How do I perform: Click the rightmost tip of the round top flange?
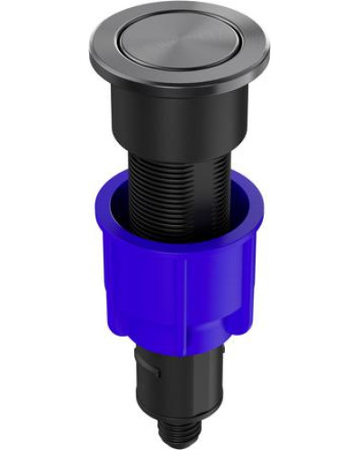click(268, 52)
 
